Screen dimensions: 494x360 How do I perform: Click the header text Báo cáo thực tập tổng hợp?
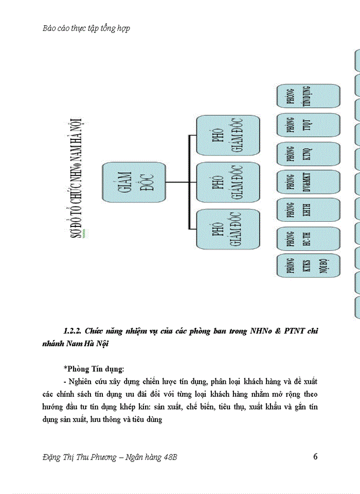86,28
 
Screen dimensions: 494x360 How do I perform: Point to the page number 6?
315,456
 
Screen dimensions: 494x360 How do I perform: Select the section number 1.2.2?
72,331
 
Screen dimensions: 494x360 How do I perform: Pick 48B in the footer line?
169,457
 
